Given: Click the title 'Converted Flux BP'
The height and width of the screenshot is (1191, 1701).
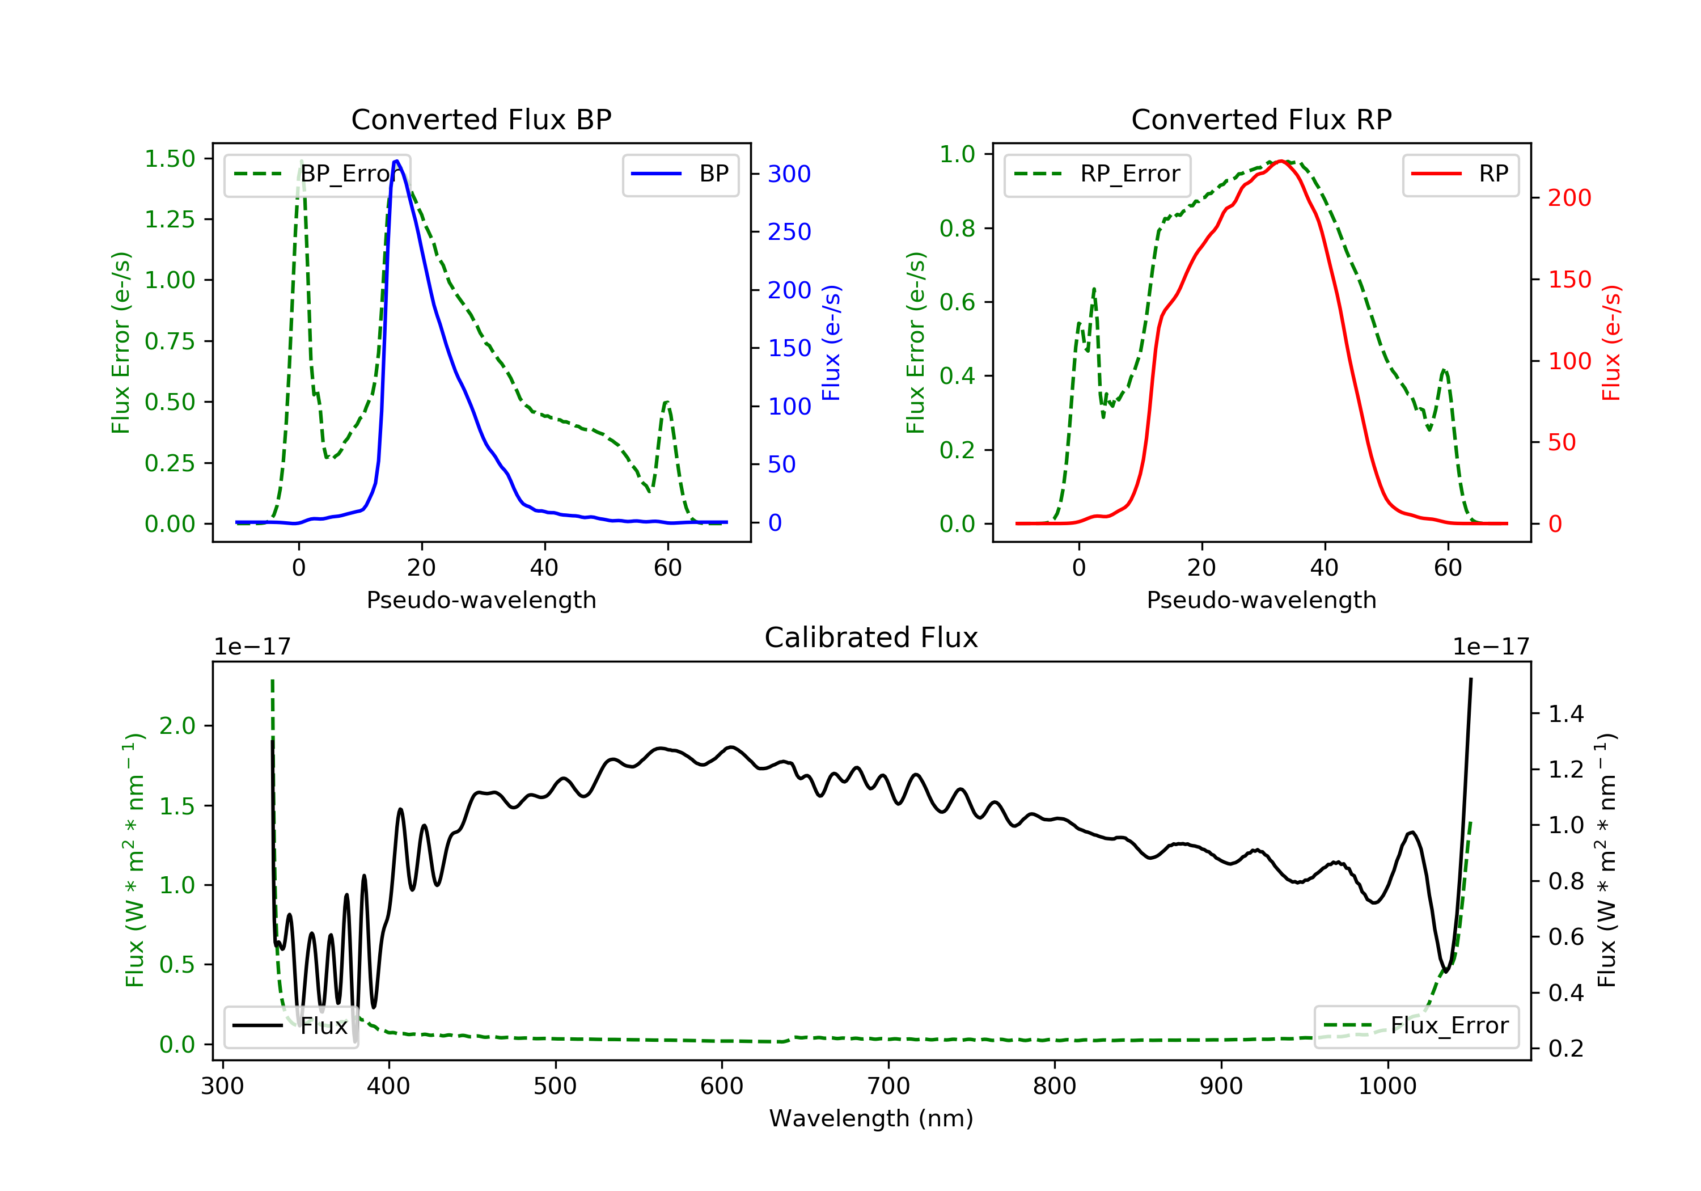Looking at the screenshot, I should [x=481, y=119].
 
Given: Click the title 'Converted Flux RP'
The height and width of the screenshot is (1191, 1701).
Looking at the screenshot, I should [x=1261, y=119].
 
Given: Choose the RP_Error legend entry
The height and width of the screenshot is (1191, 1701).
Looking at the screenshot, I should [x=1097, y=174].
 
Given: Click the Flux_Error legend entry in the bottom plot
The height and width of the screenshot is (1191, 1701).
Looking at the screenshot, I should [x=1416, y=1026].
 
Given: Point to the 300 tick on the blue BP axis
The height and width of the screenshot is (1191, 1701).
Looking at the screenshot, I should [x=789, y=174].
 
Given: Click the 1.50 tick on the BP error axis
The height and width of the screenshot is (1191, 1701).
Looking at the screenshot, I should [x=170, y=159].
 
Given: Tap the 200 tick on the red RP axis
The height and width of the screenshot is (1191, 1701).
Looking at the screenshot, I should [x=1569, y=198].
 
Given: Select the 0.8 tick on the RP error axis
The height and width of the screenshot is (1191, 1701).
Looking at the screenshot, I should [x=957, y=228].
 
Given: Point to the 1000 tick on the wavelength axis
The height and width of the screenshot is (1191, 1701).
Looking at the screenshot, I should [x=1387, y=1086].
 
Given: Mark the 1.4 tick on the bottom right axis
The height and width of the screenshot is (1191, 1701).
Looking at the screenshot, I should [x=1565, y=713].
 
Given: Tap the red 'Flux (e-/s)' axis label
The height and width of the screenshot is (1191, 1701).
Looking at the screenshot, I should [x=1611, y=343].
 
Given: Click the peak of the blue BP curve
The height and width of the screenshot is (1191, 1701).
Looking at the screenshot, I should [x=396, y=161].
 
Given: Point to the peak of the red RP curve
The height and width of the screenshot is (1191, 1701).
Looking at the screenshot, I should [x=1280, y=161].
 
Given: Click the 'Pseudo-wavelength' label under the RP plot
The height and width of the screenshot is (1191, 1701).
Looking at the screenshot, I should [x=1261, y=599].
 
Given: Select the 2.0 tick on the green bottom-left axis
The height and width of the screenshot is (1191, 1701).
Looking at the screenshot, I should [x=177, y=725].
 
